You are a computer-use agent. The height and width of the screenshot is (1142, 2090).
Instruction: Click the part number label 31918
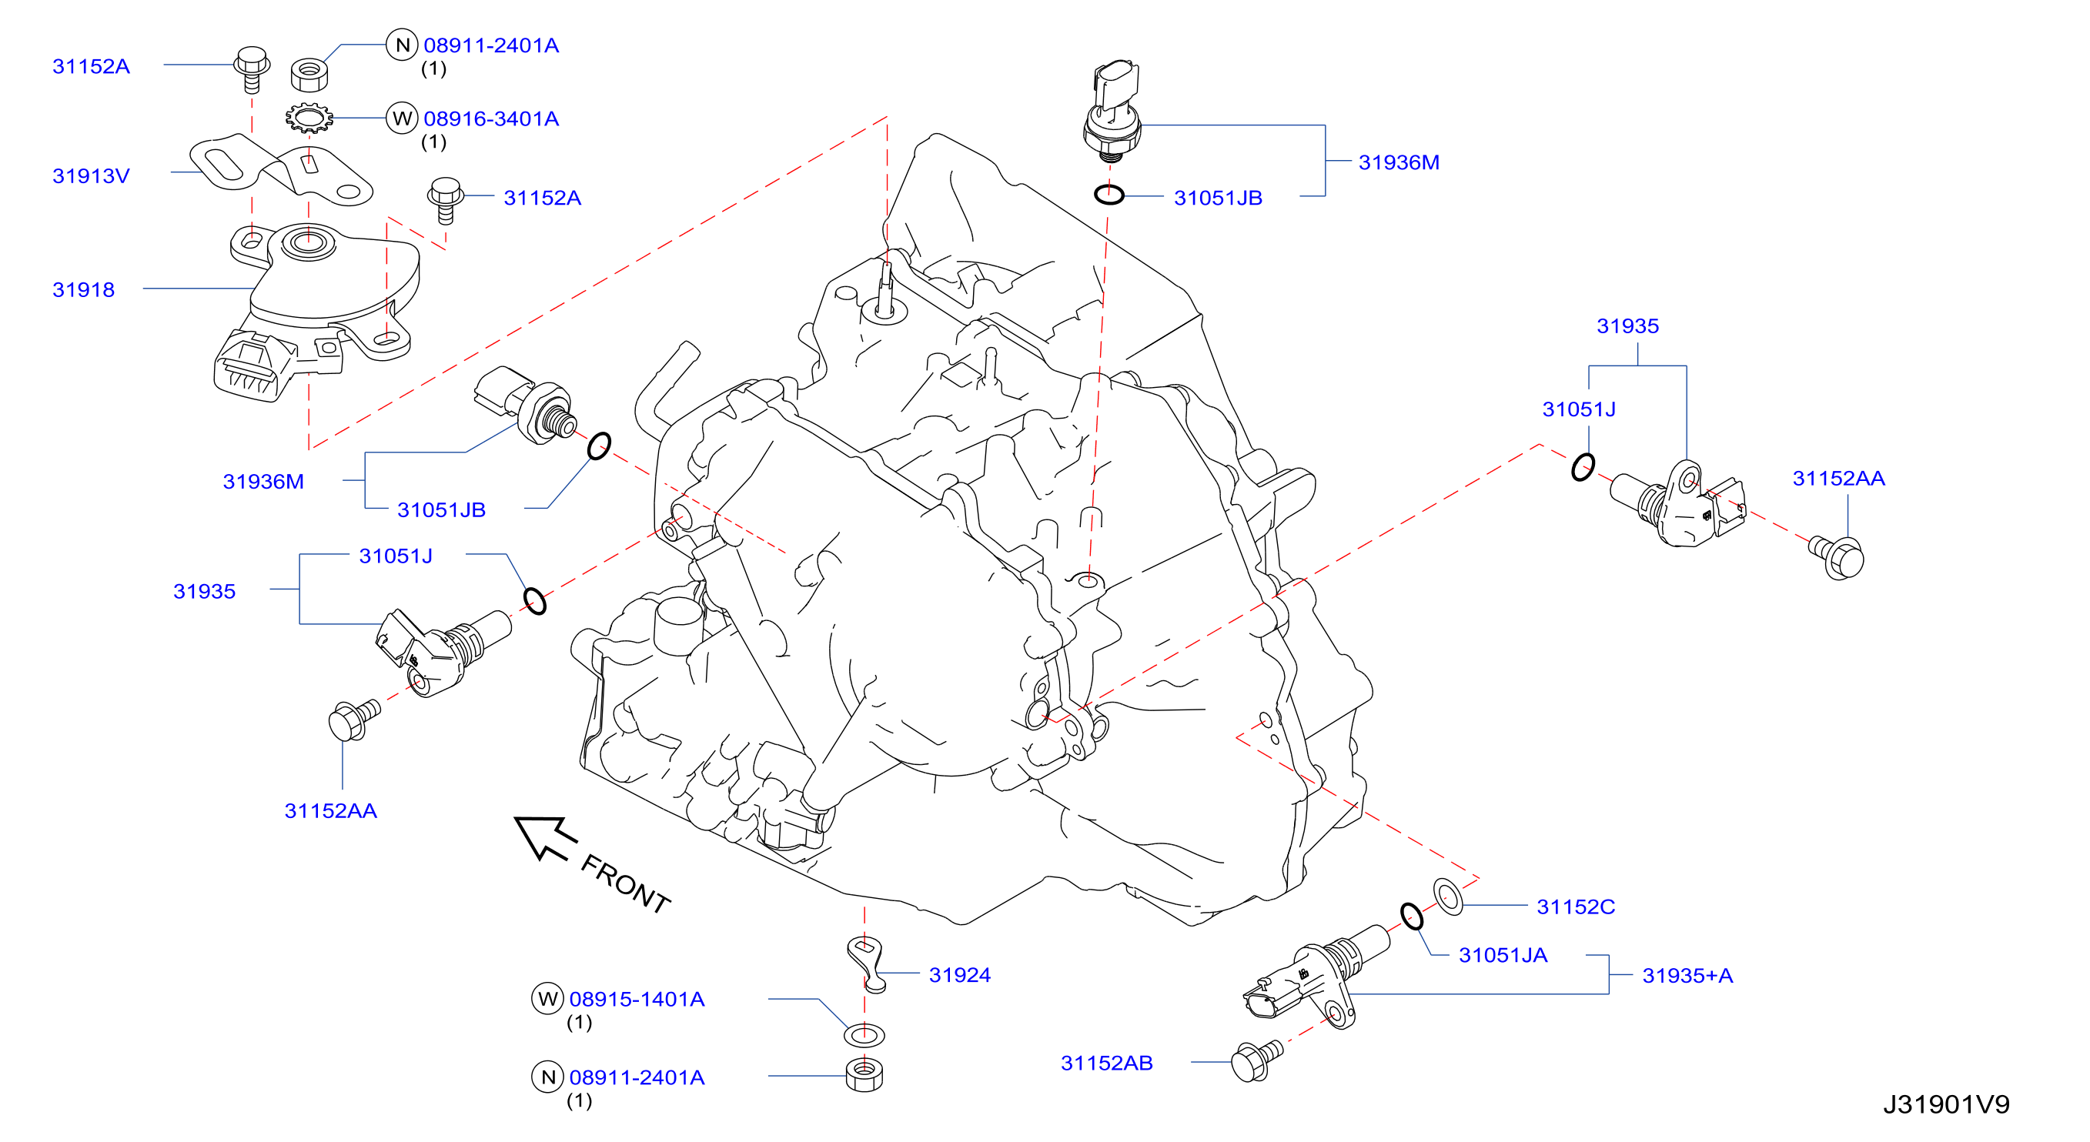84,289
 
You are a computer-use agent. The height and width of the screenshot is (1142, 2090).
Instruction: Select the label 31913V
91,176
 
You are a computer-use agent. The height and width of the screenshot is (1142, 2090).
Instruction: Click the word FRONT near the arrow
626,884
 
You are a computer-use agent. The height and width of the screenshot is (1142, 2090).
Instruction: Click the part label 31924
960,975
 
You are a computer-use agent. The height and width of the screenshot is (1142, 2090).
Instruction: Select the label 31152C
1576,907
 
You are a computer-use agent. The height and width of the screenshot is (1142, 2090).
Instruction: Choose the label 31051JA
1503,956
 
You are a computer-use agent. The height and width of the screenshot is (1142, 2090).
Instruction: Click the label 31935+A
1687,976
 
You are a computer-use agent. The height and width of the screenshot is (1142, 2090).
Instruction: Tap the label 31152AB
1107,1064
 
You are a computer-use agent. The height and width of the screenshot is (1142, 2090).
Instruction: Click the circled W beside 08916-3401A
402,119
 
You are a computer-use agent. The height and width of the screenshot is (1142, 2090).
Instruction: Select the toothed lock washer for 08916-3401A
309,119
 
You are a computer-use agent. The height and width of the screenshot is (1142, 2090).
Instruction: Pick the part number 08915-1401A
637,999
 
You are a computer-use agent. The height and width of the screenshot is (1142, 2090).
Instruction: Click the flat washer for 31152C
1448,897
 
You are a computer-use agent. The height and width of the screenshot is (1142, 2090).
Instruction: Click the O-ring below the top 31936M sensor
1109,195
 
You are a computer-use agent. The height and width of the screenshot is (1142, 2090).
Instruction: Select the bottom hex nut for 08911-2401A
864,1075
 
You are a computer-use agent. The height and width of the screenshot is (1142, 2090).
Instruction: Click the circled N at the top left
402,45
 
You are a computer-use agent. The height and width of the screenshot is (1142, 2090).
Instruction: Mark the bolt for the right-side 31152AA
1838,557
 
